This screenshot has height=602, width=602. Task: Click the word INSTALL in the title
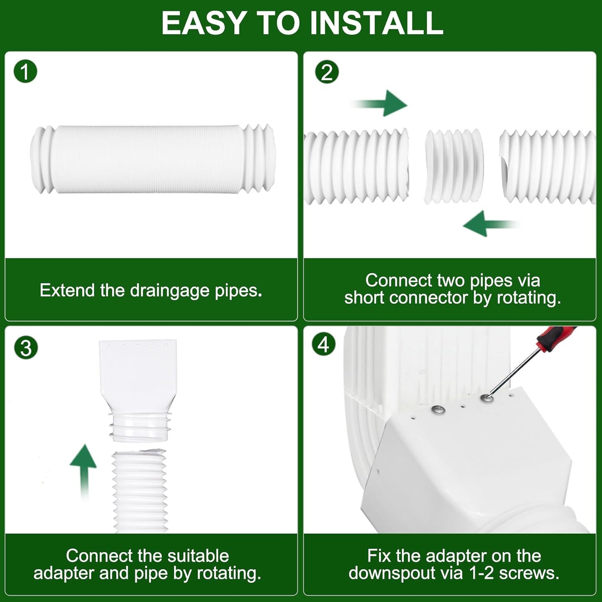click(x=377, y=23)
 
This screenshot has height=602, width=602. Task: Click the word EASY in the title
click(x=204, y=23)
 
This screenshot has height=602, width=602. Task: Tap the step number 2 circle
click(x=327, y=72)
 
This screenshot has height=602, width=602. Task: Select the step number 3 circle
click(x=26, y=347)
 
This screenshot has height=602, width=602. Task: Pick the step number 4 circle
click(x=324, y=345)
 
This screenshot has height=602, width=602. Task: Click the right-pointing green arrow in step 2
click(x=381, y=103)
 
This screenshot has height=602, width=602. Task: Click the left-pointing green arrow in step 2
click(x=490, y=224)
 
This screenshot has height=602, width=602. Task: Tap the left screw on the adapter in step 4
click(x=438, y=410)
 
